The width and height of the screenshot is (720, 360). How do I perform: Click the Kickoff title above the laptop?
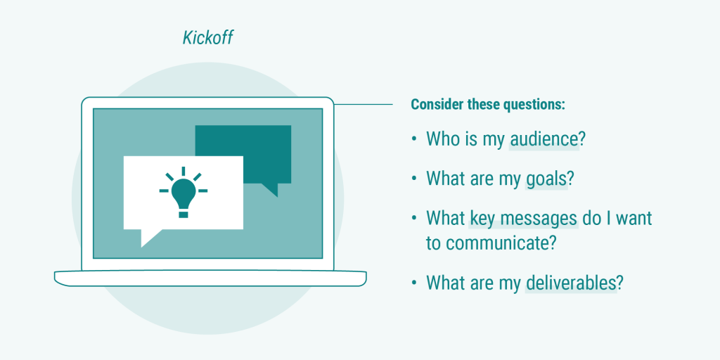tap(207, 37)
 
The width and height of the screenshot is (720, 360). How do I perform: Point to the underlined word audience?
tap(544, 139)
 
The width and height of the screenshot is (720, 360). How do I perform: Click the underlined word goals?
tap(546, 179)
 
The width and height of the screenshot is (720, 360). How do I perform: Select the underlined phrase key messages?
tap(523, 219)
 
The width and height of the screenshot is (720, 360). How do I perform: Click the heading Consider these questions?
tap(488, 105)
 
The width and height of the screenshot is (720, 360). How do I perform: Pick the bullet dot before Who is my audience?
tap(414, 139)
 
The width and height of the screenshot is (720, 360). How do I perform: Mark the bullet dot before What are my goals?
tap(414, 179)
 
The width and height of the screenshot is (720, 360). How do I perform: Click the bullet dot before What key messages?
tap(414, 219)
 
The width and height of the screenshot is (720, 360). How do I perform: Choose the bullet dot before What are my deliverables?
tap(414, 283)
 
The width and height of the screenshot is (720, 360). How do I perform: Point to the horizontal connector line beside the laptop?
tap(363, 105)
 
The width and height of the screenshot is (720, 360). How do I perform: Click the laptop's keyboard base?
tap(210, 278)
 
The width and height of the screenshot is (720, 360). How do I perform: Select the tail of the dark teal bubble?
tap(270, 189)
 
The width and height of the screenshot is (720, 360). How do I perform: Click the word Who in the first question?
tap(443, 139)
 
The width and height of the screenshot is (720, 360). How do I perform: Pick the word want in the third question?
tap(634, 219)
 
